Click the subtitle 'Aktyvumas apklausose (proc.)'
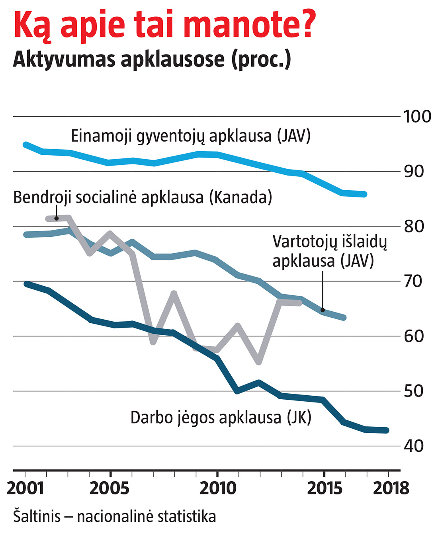click(152, 60)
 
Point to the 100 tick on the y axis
click(417, 117)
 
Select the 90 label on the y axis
click(414, 171)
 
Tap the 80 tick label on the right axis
click(414, 226)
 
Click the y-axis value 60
click(414, 336)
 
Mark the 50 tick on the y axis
click(414, 391)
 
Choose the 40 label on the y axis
click(414, 446)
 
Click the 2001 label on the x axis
click(25, 488)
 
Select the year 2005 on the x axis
click(110, 488)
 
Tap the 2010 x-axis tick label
click(217, 488)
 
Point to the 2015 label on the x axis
click(325, 488)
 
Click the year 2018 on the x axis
click(391, 488)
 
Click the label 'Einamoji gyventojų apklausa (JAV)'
click(191, 136)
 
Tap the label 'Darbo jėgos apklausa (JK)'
click(221, 418)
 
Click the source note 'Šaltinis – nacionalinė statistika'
click(115, 517)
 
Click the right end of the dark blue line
click(386, 430)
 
